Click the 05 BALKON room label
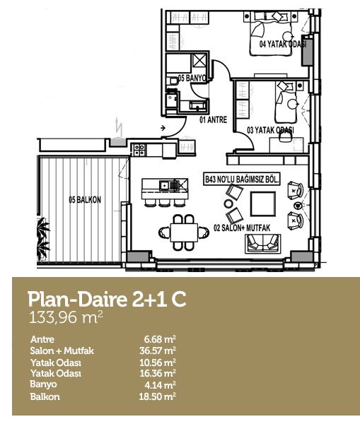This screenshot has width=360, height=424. point(85,200)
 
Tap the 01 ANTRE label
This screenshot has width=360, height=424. point(214,119)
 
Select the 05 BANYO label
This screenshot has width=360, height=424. point(192,78)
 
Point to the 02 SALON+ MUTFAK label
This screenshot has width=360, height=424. point(242,228)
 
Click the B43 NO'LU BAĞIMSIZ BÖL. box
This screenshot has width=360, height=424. point(242,179)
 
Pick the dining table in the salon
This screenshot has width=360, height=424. point(184,232)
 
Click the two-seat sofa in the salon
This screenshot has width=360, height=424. point(262,244)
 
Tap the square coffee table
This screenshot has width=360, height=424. point(263,204)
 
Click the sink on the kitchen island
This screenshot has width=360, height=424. point(164,185)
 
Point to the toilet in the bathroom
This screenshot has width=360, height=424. point(172,81)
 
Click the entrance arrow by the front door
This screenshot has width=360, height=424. point(163,128)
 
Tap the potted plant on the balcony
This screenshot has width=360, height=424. point(43,238)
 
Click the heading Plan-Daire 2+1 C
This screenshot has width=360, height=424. point(107,300)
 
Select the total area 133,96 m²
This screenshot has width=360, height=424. point(66,317)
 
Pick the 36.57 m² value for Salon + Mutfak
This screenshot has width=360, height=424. point(158,351)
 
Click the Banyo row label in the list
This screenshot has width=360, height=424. point(43,384)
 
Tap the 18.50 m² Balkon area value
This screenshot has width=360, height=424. point(158,396)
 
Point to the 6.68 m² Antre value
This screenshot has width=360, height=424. point(160,338)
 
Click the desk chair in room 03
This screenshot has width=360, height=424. point(284,137)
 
